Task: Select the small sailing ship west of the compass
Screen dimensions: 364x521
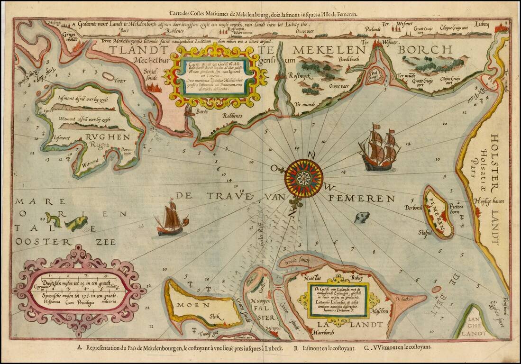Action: pos(171,219)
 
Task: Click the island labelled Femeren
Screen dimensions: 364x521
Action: pos(438,211)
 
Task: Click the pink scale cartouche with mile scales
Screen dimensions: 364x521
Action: pos(79,290)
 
